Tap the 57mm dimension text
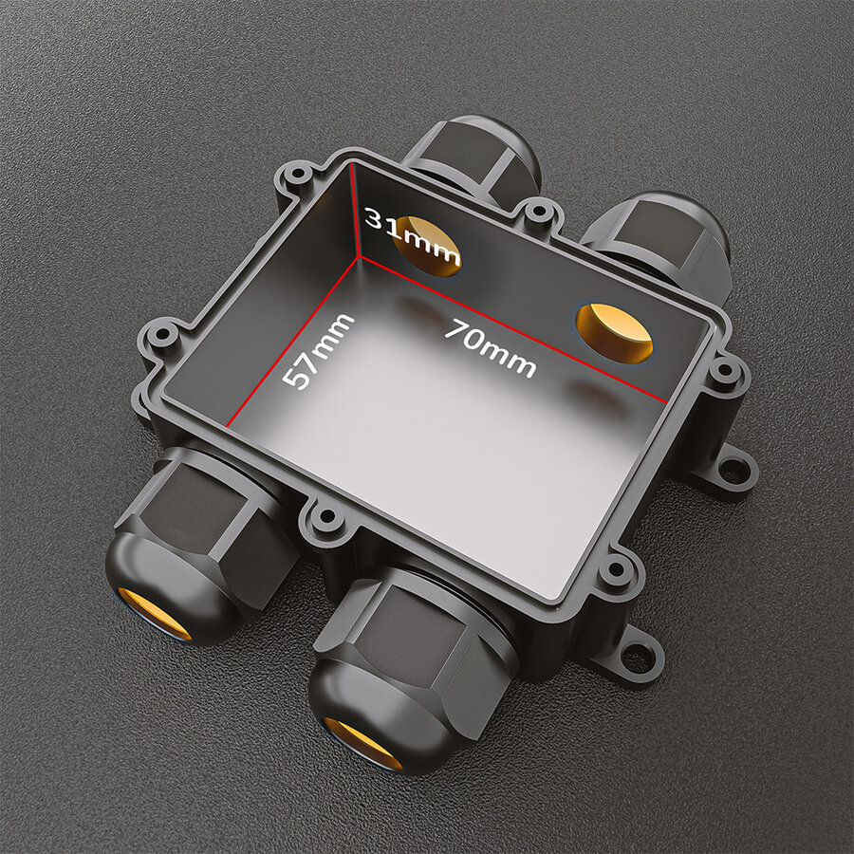[x=319, y=351]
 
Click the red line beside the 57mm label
[x=294, y=342]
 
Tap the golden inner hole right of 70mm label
[x=615, y=333]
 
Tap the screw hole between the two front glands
[x=326, y=518]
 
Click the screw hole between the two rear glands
[x=539, y=212]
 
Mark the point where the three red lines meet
[x=359, y=254]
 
